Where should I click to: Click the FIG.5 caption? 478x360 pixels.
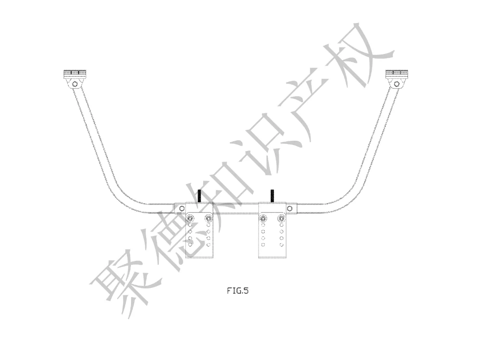point(238,291)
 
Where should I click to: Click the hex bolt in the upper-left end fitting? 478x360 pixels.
point(75,83)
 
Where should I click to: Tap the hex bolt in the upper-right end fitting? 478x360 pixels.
point(397,83)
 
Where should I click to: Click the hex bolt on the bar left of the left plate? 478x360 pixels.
point(182,209)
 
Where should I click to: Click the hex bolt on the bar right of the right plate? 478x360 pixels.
point(289,209)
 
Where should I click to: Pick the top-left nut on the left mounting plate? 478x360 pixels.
point(190,218)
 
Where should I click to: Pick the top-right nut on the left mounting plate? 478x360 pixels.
point(208,218)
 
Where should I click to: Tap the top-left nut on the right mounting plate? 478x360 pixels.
point(263,218)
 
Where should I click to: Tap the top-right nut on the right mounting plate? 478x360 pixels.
point(281,218)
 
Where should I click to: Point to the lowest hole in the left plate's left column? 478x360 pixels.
point(190,244)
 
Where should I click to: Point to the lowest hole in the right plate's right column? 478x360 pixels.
point(281,244)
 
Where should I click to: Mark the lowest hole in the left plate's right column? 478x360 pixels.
point(208,244)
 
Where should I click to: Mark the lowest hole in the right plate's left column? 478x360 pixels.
point(263,244)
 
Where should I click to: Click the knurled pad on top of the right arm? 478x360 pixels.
point(397,73)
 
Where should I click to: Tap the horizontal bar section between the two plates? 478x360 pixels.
point(235,209)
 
